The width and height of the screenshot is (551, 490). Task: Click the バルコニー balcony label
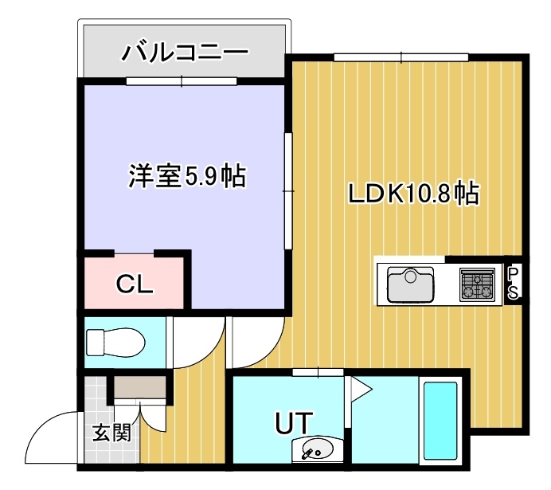[185, 53]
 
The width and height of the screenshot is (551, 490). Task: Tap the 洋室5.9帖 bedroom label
[187, 176]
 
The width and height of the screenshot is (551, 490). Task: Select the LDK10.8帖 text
[413, 193]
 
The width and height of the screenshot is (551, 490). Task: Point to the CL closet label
[135, 284]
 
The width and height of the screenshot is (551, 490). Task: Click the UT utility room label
[294, 423]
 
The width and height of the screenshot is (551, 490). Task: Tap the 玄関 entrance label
[111, 432]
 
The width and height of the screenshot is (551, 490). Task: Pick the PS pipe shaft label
[513, 282]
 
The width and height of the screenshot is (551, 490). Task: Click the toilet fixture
[115, 343]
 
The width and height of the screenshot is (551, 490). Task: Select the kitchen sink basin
[410, 284]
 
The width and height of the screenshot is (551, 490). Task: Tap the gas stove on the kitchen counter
[477, 284]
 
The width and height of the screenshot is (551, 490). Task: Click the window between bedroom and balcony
[182, 81]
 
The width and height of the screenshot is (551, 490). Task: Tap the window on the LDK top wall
[401, 57]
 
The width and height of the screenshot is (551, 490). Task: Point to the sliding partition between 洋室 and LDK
[288, 191]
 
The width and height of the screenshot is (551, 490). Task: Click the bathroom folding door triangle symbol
[358, 389]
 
